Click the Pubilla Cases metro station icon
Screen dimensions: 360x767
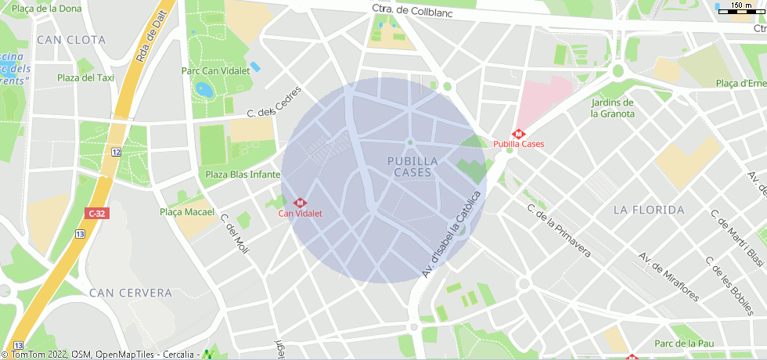pyautogui.click(x=518, y=133)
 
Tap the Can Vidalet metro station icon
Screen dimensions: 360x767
pyautogui.click(x=299, y=202)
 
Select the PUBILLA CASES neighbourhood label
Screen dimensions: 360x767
pyautogui.click(x=412, y=166)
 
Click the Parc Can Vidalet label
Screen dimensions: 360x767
pyautogui.click(x=215, y=70)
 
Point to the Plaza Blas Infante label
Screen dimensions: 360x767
pyautogui.click(x=242, y=175)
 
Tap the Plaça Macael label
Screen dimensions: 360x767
pyautogui.click(x=187, y=212)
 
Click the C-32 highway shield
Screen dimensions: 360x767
pyautogui.click(x=96, y=213)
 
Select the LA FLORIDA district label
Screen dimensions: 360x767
pyautogui.click(x=649, y=210)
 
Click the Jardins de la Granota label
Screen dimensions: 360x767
pyautogui.click(x=613, y=108)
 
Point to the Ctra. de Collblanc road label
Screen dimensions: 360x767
pyautogui.click(x=411, y=9)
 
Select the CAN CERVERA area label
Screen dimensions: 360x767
pyautogui.click(x=131, y=293)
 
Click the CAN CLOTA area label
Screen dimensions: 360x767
pyautogui.click(x=71, y=39)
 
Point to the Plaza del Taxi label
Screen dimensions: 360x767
pyautogui.click(x=86, y=77)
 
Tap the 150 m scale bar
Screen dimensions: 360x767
pyautogui.click(x=740, y=6)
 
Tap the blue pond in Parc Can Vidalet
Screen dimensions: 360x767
pyautogui.click(x=205, y=89)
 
